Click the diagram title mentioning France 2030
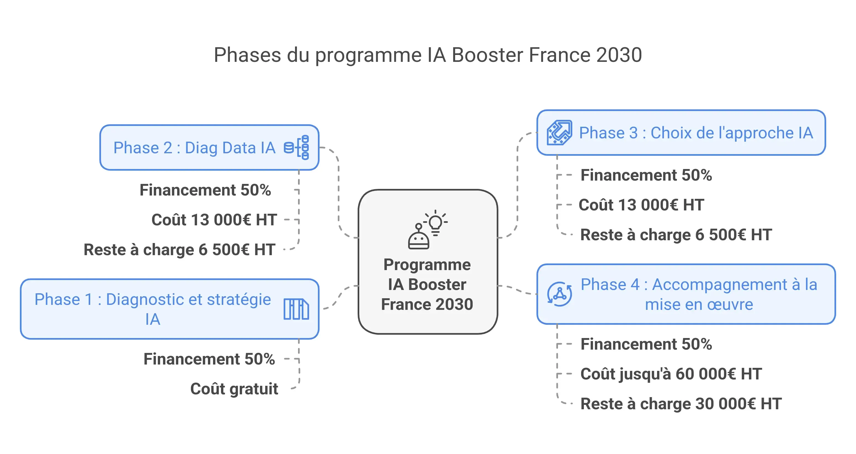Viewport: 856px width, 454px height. click(x=428, y=55)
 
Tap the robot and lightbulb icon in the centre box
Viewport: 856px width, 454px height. click(x=427, y=229)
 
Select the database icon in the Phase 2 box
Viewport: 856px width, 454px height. click(x=296, y=147)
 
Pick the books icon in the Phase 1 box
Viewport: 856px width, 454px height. click(x=296, y=309)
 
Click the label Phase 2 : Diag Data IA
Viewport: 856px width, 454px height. click(x=194, y=148)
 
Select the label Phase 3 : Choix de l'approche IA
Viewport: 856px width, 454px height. click(x=696, y=133)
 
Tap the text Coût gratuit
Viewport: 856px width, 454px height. click(x=234, y=389)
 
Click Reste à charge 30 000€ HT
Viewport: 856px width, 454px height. click(x=681, y=403)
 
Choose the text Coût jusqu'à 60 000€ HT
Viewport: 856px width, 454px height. click(x=671, y=374)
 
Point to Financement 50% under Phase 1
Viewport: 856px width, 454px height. click(x=209, y=359)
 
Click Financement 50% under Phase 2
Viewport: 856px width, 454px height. click(x=205, y=190)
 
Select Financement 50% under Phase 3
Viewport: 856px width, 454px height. click(x=646, y=175)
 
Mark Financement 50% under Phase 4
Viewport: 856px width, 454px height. click(x=646, y=344)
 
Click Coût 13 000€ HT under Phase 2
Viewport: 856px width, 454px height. click(x=214, y=220)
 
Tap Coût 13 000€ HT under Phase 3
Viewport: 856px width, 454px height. click(x=641, y=205)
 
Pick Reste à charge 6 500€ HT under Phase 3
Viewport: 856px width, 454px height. click(x=676, y=234)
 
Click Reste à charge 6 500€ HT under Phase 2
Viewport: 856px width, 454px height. click(x=179, y=249)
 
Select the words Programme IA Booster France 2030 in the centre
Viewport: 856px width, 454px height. click(x=427, y=284)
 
